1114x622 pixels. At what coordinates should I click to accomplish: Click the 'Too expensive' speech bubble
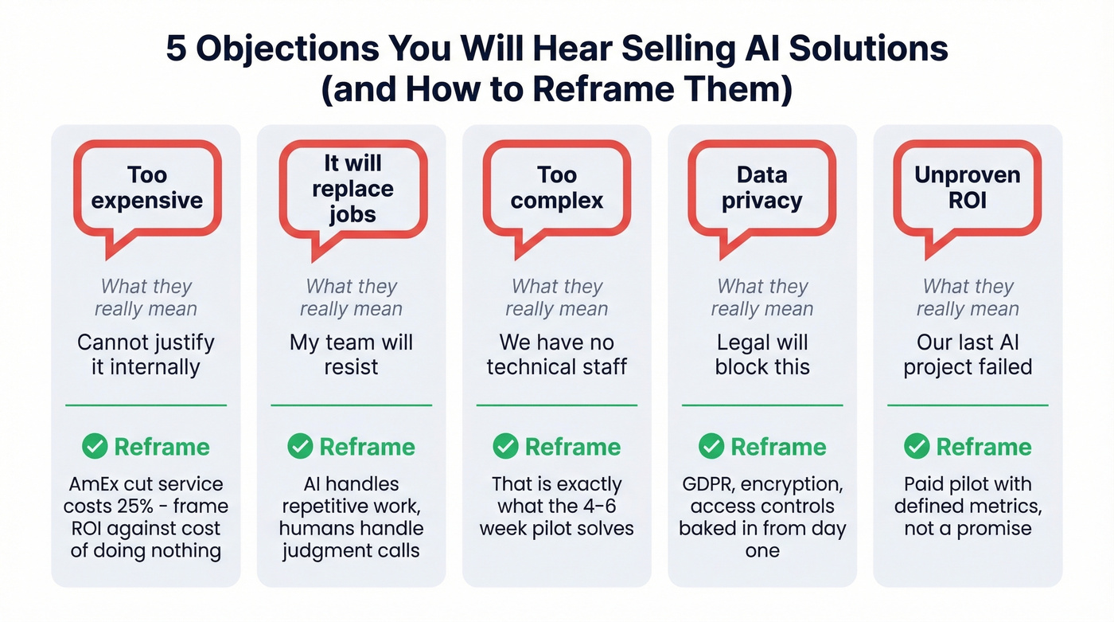147,188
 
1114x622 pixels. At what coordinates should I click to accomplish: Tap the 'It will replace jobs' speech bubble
353,189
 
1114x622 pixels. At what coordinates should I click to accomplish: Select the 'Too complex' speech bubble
557,188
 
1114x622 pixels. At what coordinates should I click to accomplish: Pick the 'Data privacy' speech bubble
761,188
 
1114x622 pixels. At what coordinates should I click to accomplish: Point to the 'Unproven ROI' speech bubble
967,188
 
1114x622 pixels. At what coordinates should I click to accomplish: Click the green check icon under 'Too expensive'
95,447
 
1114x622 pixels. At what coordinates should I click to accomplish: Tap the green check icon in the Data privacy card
711,447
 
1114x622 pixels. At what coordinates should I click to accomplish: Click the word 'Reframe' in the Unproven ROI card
984,447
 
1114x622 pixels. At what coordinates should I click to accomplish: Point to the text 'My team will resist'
351,354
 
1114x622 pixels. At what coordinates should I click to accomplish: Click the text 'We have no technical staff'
557,354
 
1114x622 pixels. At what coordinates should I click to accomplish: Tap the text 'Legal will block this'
762,354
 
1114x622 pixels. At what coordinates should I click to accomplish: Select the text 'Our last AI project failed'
968,354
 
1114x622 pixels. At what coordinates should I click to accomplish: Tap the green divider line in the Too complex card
557,405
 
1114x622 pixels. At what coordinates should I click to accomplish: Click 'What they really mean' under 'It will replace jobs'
351,297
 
